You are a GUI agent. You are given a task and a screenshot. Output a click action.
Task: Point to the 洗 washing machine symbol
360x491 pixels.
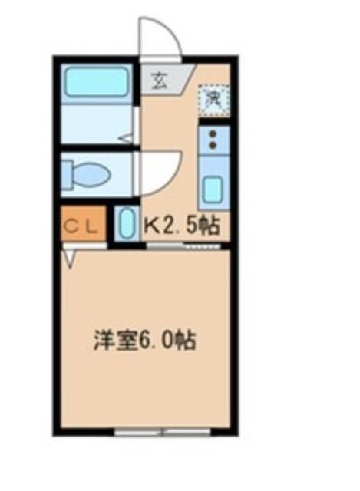click(210, 97)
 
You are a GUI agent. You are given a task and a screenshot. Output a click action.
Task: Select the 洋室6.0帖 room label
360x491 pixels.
click(144, 340)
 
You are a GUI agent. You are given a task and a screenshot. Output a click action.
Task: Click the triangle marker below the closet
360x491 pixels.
click(71, 259)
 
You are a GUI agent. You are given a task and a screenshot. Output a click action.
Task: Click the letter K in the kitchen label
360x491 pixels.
click(153, 225)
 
